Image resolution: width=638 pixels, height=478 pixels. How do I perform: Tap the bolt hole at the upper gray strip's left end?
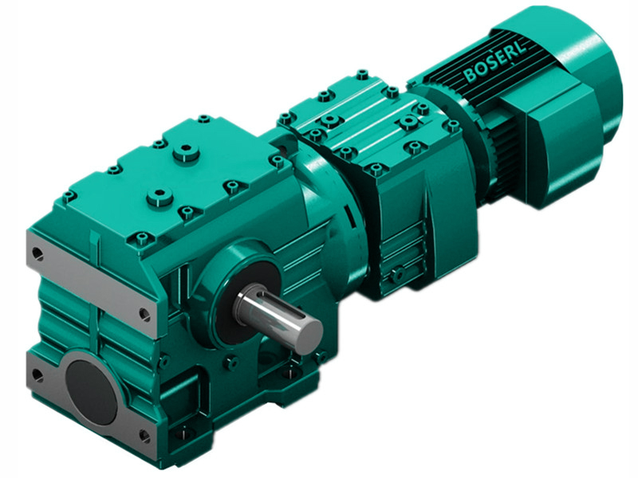(x=37, y=256)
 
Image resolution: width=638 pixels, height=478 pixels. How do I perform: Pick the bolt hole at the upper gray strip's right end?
(x=144, y=314)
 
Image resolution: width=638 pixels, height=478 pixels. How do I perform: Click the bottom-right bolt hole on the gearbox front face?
(x=144, y=434)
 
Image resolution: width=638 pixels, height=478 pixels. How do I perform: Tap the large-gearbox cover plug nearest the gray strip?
(x=162, y=194)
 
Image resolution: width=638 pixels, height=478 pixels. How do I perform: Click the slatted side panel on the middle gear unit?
(x=407, y=239)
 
